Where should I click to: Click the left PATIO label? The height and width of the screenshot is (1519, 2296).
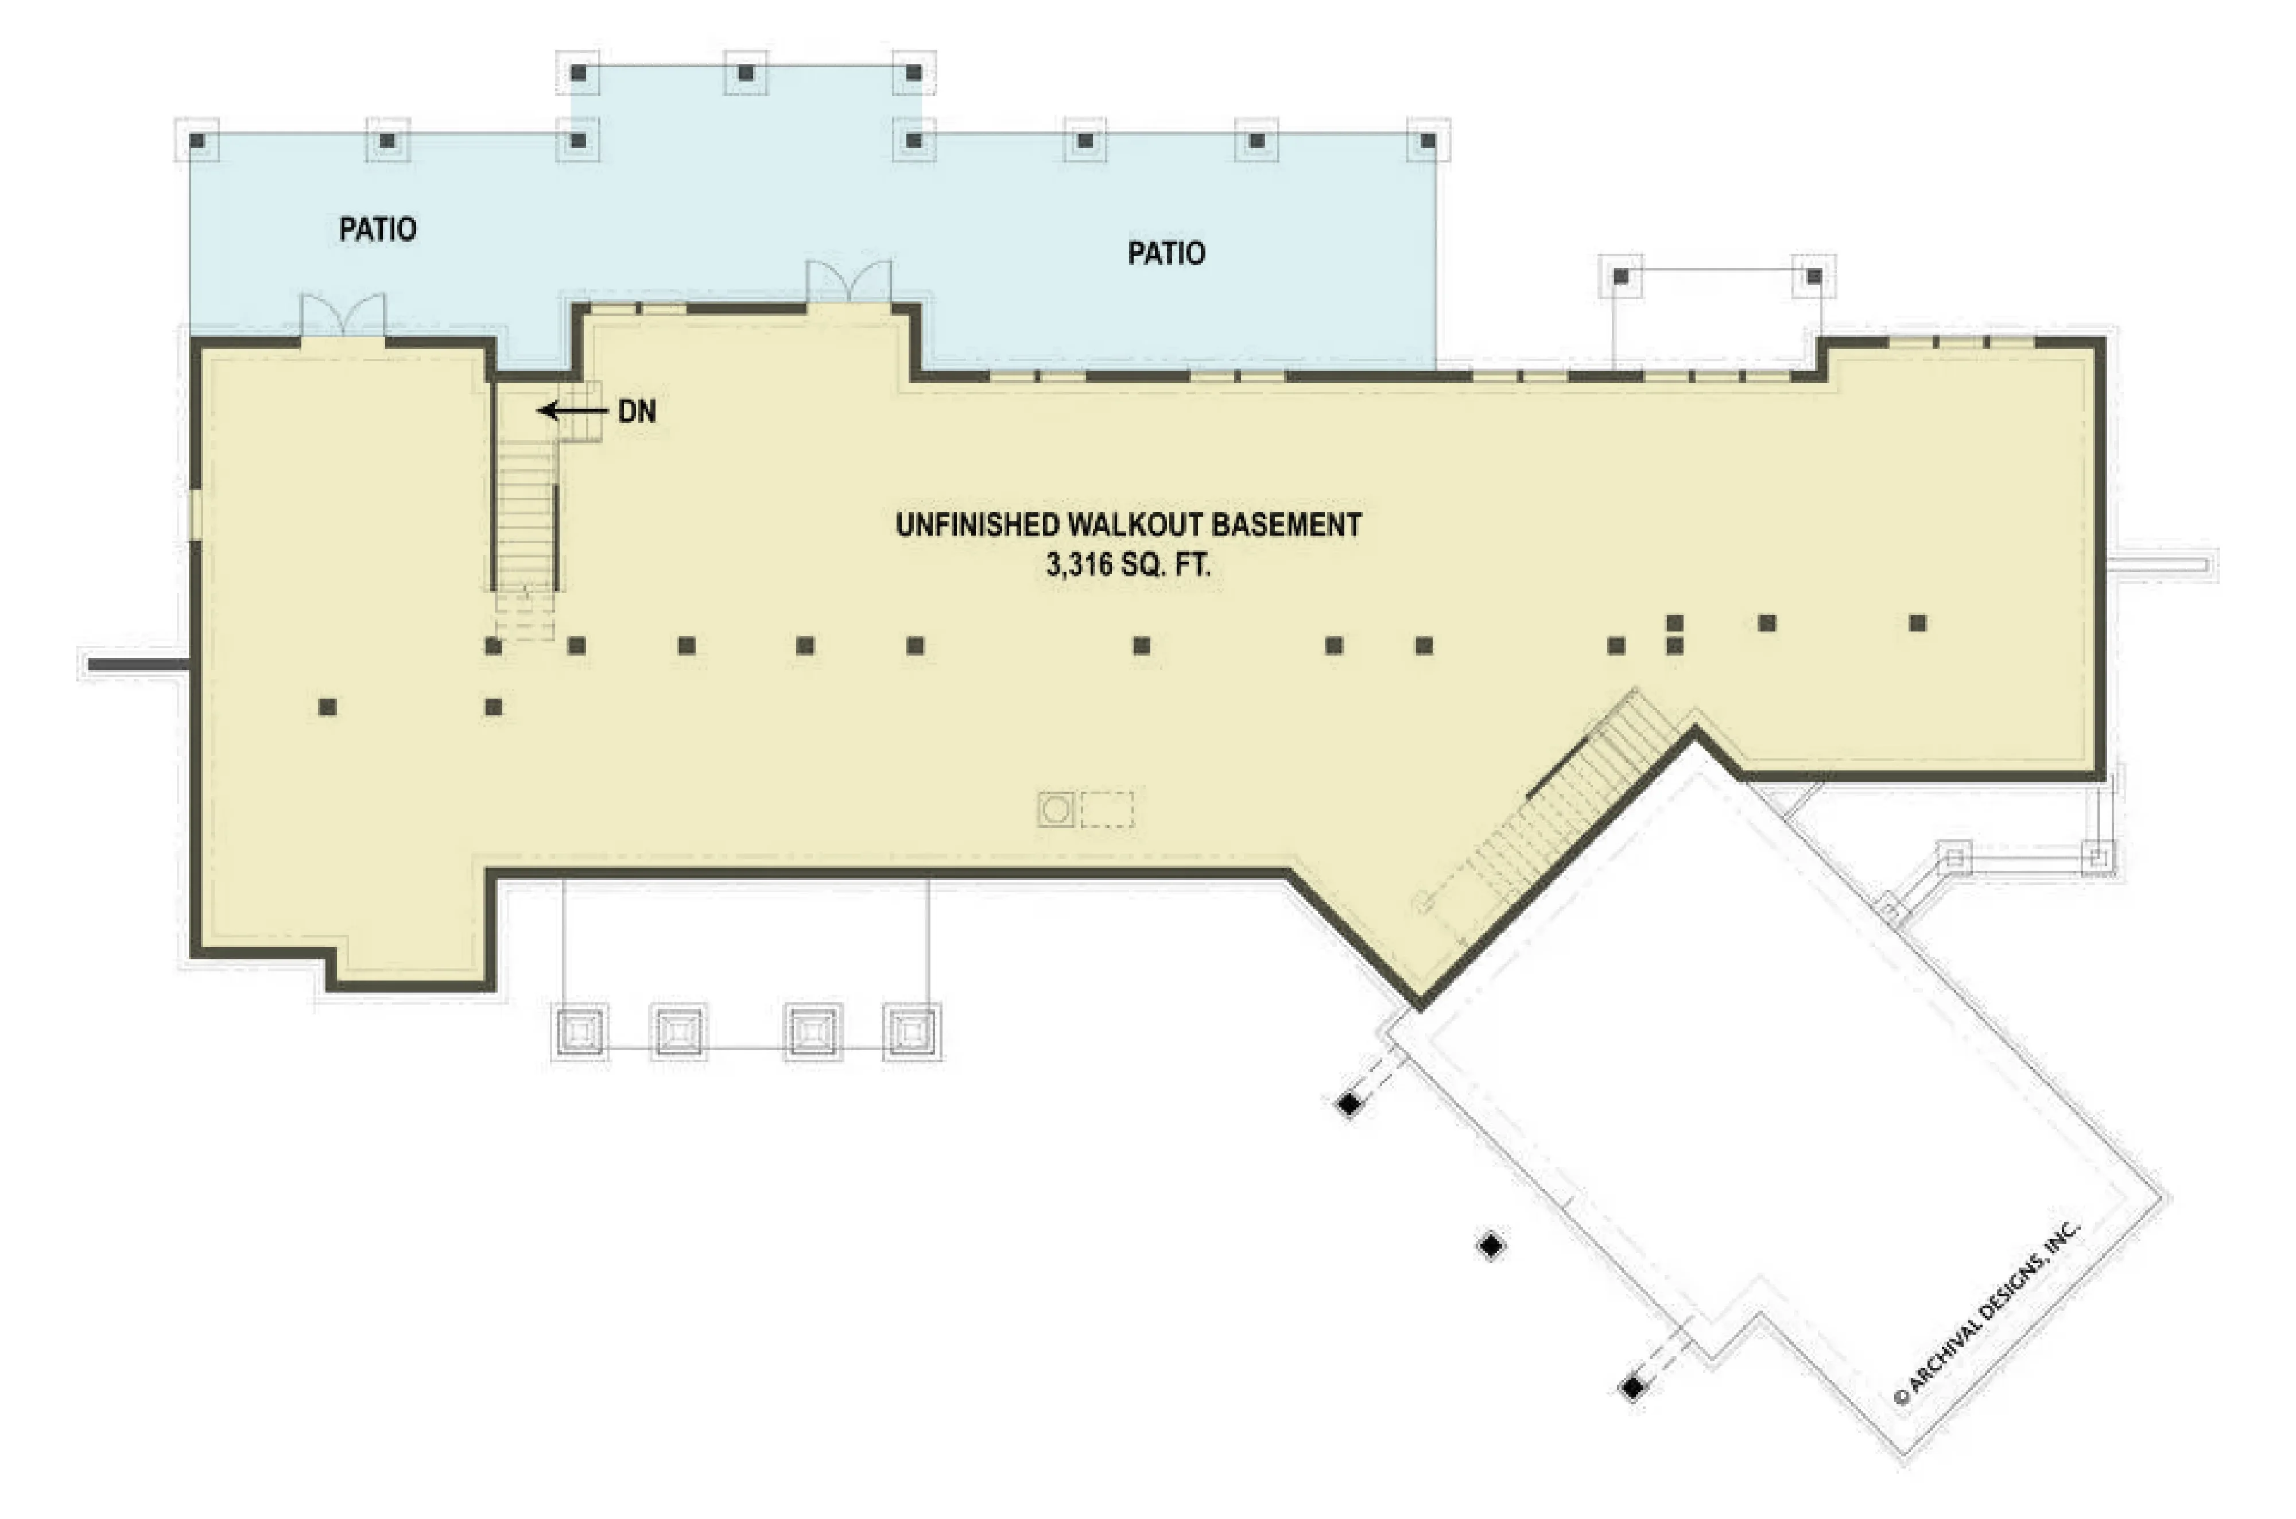(x=378, y=230)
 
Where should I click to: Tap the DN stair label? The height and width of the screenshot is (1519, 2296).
(x=637, y=412)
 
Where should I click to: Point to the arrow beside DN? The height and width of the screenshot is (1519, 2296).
(x=573, y=411)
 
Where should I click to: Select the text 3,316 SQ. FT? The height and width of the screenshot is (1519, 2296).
(x=1128, y=565)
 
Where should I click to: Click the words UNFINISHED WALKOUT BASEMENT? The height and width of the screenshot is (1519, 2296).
(x=1128, y=525)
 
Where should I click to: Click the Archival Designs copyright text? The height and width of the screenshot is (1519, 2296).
(x=1985, y=1313)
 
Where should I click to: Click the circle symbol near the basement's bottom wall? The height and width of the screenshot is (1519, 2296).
(x=1056, y=809)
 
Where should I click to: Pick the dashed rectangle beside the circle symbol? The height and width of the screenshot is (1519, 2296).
(x=1107, y=809)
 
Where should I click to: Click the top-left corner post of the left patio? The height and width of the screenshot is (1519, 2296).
(x=197, y=141)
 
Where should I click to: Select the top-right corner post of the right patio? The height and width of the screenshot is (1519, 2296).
(x=1428, y=141)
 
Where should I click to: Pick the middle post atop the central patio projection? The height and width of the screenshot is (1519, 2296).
(x=746, y=73)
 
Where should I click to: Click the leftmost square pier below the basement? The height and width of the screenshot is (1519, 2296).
(x=580, y=1031)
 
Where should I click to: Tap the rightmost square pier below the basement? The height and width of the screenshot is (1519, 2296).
(x=912, y=1031)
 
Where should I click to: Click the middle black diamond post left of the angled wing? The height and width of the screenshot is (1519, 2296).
(x=1491, y=1246)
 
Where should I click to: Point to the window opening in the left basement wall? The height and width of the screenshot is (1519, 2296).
(x=195, y=514)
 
